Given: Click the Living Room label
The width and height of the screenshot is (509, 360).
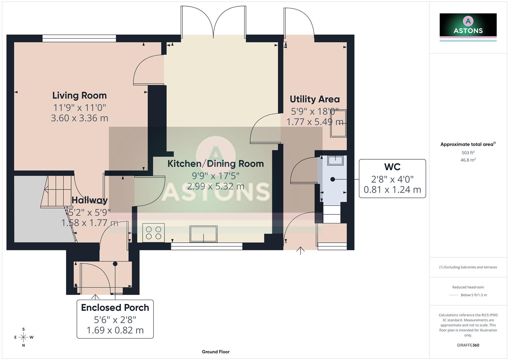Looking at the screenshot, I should pyautogui.click(x=79, y=95).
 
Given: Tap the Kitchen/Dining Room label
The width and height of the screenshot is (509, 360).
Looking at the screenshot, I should pyautogui.click(x=215, y=164).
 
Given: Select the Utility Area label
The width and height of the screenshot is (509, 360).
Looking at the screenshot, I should pyautogui.click(x=314, y=99).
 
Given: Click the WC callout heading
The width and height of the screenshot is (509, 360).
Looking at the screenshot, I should pyautogui.click(x=392, y=167).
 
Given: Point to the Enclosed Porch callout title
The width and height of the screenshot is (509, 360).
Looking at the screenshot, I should pyautogui.click(x=115, y=307).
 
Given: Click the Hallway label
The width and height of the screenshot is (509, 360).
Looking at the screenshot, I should pyautogui.click(x=89, y=200).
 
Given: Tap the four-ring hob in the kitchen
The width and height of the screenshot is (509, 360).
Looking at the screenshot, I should pyautogui.click(x=153, y=233).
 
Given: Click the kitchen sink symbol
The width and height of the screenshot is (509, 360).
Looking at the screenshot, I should pyautogui.click(x=203, y=234).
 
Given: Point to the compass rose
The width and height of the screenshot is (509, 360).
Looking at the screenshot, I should pyautogui.click(x=23, y=337).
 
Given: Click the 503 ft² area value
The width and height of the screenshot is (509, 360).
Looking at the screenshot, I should pyautogui.click(x=468, y=153).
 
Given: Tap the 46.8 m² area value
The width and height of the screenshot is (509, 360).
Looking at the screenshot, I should pyautogui.click(x=468, y=160).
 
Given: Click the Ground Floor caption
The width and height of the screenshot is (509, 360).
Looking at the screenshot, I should pyautogui.click(x=215, y=352).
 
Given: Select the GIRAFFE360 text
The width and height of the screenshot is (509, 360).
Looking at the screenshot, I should pyautogui.click(x=468, y=345).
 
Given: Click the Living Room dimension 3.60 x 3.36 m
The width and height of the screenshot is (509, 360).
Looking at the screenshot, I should pyautogui.click(x=79, y=118).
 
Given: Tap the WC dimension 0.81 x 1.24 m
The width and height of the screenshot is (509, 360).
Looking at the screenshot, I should pyautogui.click(x=392, y=190).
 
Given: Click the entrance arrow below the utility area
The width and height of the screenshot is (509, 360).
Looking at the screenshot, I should pyautogui.click(x=300, y=251).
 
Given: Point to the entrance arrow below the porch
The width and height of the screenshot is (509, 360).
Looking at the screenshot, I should pyautogui.click(x=95, y=297).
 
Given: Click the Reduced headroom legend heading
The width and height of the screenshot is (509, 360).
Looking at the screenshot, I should pyautogui.click(x=468, y=287).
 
